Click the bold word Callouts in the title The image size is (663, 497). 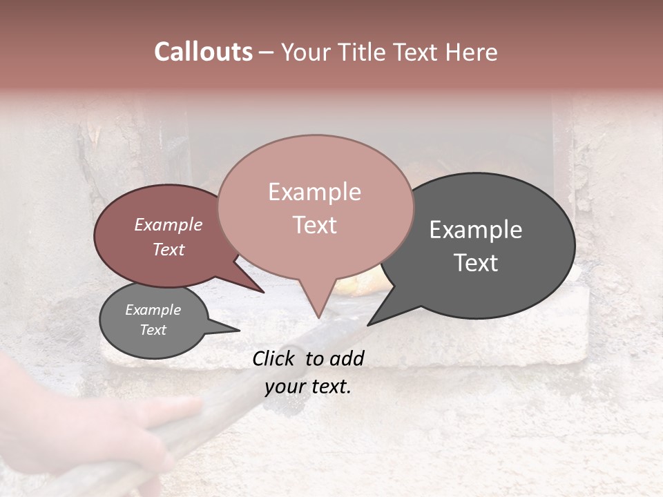tap(203, 52)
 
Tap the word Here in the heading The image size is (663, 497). tap(470, 52)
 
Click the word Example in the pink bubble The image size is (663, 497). tap(315, 192)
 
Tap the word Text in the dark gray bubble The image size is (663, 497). tap(476, 262)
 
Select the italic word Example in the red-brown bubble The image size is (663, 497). tap(168, 224)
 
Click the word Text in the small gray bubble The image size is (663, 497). tap(153, 330)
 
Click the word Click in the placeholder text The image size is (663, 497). tap(274, 358)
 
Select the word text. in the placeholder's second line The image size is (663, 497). tap(329, 387)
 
